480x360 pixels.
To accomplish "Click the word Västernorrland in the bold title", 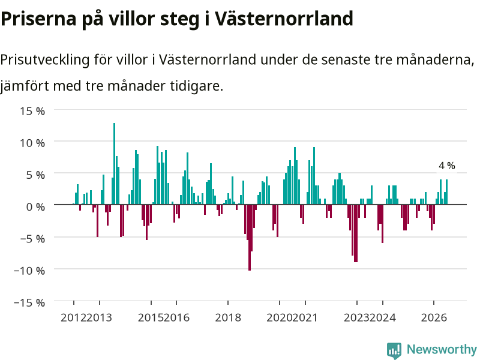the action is (x=283, y=19).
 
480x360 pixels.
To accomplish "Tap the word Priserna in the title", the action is (x=38, y=19).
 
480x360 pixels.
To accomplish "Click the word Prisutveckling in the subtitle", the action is (x=45, y=59).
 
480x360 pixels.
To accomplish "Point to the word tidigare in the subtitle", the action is (x=197, y=86).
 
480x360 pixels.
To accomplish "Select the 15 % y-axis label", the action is (x=32, y=111).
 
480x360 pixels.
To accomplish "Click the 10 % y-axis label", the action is (x=32, y=143).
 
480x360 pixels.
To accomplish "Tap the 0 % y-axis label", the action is (x=35, y=206).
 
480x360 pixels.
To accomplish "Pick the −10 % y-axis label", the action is (x=29, y=271).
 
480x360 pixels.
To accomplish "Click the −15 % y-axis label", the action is (x=29, y=302).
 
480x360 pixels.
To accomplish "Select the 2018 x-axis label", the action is (x=228, y=317).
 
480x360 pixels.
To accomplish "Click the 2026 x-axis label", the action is (x=434, y=317).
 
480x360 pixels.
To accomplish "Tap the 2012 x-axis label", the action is (x=73, y=317).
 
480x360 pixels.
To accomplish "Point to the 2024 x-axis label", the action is (x=383, y=317).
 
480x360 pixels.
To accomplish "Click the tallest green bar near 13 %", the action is (x=114, y=164).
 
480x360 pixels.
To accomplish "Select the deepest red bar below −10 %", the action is (x=250, y=238).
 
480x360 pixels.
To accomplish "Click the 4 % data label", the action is (x=446, y=166).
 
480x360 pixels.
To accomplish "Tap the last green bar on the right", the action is (x=446, y=192).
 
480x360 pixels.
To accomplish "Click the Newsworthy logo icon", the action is (x=394, y=350).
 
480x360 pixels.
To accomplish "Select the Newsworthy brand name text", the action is (x=442, y=349).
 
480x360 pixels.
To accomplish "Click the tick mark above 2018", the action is (x=228, y=303).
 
